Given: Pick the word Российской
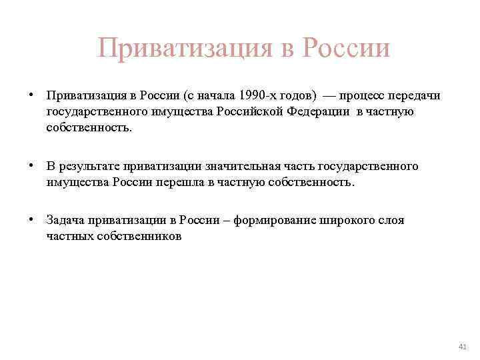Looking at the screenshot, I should [247, 111].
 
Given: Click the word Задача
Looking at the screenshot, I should [65, 221].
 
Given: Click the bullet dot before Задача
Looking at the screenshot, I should [31, 220].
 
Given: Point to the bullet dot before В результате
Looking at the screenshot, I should [31, 165].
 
